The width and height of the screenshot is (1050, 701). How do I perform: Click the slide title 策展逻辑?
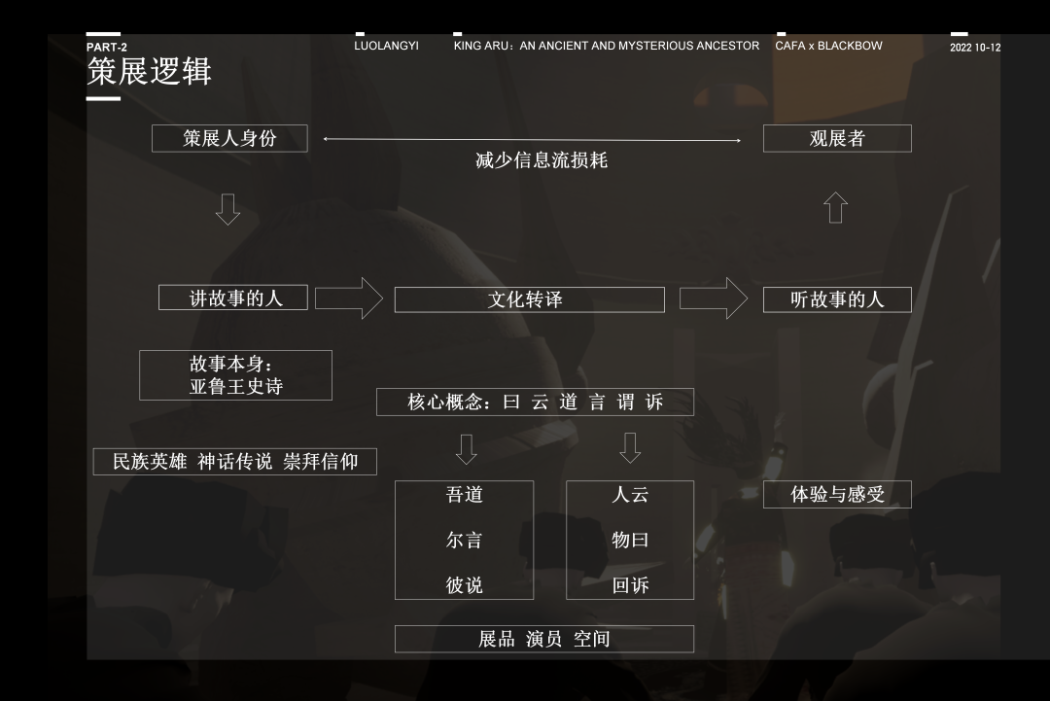(149, 71)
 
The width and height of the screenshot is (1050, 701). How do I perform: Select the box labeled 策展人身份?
(229, 139)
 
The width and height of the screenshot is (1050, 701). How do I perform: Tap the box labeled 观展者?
(837, 139)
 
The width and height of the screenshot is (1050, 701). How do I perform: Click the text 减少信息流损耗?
(542, 160)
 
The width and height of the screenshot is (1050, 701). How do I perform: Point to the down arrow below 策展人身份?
(227, 209)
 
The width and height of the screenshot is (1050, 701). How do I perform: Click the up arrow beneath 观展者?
(835, 207)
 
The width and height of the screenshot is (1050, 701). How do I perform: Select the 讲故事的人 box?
(233, 298)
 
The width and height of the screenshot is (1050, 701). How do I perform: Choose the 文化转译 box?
(529, 299)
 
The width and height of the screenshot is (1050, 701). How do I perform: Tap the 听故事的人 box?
(837, 299)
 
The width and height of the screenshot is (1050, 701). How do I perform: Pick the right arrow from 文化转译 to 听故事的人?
(714, 298)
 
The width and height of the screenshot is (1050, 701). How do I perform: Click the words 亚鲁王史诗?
(236, 387)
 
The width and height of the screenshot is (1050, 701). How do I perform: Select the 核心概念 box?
(535, 402)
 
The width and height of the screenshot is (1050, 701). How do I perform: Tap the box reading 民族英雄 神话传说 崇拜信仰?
(235, 462)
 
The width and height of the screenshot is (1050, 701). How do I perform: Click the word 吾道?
(464, 495)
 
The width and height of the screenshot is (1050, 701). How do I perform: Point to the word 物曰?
(630, 540)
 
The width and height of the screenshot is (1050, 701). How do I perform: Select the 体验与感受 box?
(837, 494)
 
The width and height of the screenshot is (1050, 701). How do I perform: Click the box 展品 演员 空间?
(543, 639)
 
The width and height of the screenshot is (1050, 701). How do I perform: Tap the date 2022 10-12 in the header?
(975, 48)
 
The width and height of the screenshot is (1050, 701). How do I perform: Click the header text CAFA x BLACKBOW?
(829, 46)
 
